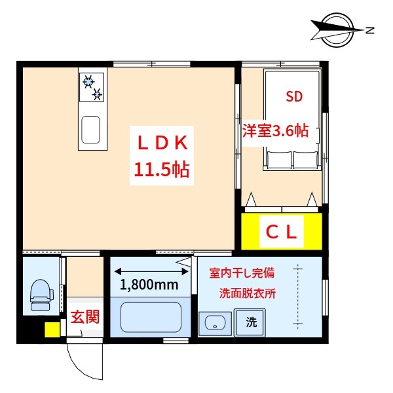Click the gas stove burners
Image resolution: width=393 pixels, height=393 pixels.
tap(92, 87)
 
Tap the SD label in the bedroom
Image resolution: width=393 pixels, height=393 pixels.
tap(294, 98)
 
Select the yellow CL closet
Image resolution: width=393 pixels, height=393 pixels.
tap(282, 231)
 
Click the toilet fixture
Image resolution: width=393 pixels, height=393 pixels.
tap(41, 294)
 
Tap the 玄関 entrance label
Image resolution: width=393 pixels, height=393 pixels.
tap(84, 318)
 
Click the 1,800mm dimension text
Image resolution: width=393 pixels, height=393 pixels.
tap(149, 285)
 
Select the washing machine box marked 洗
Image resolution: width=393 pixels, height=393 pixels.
tap(251, 322)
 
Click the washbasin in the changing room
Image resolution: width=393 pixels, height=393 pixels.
tap(214, 322)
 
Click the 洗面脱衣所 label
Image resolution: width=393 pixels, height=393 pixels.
tap(247, 293)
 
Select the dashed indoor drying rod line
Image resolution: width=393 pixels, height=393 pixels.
tap(299, 295)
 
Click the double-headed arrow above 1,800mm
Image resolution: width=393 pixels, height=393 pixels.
tap(149, 269)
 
